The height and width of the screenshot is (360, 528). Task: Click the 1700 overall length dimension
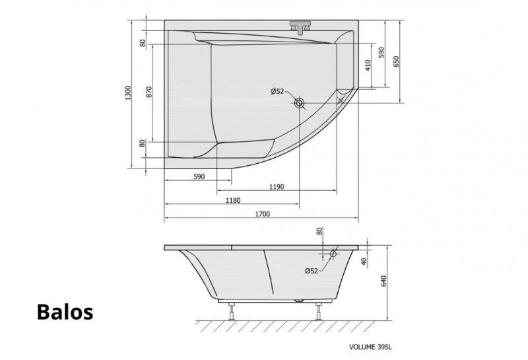click(x=262, y=214)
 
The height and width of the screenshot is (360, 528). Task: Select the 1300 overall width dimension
click(x=127, y=92)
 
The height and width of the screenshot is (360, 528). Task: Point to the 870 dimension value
click(x=149, y=92)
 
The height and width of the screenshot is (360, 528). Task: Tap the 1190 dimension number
click(x=277, y=187)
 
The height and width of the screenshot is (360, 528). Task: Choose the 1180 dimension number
click(x=233, y=201)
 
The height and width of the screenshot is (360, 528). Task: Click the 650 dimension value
click(x=396, y=61)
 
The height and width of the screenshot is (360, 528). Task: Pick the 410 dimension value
click(x=368, y=65)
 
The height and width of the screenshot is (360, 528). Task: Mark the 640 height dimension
click(x=383, y=281)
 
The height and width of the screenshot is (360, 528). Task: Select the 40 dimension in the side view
click(x=364, y=262)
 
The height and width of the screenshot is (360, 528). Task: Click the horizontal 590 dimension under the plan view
click(x=199, y=176)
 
